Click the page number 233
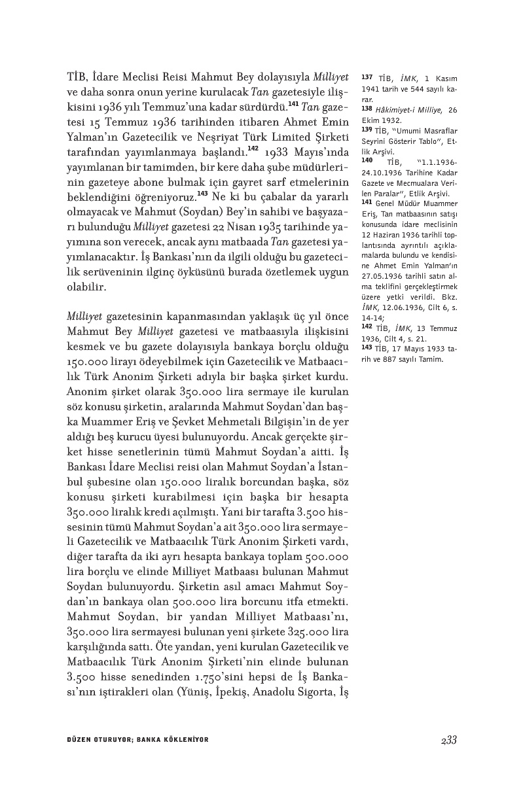click(x=448, y=740)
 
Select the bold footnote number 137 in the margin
click(x=367, y=77)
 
